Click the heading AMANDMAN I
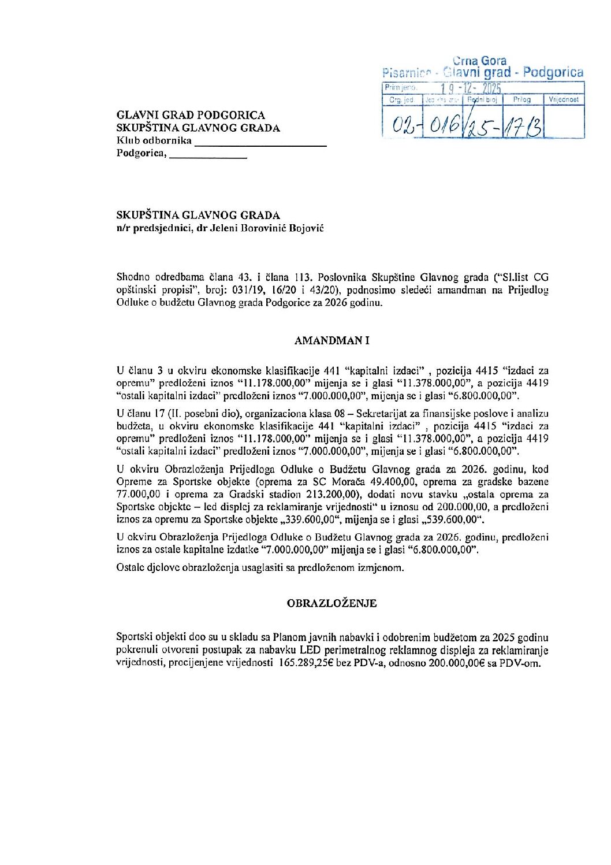(x=331, y=341)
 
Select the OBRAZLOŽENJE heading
(x=331, y=603)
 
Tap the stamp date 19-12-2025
(x=470, y=88)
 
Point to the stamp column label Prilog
(x=521, y=100)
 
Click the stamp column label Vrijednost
(x=564, y=100)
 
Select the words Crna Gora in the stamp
(x=479, y=61)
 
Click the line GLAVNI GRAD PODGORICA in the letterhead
(x=191, y=115)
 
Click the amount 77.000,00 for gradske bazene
(x=137, y=495)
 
